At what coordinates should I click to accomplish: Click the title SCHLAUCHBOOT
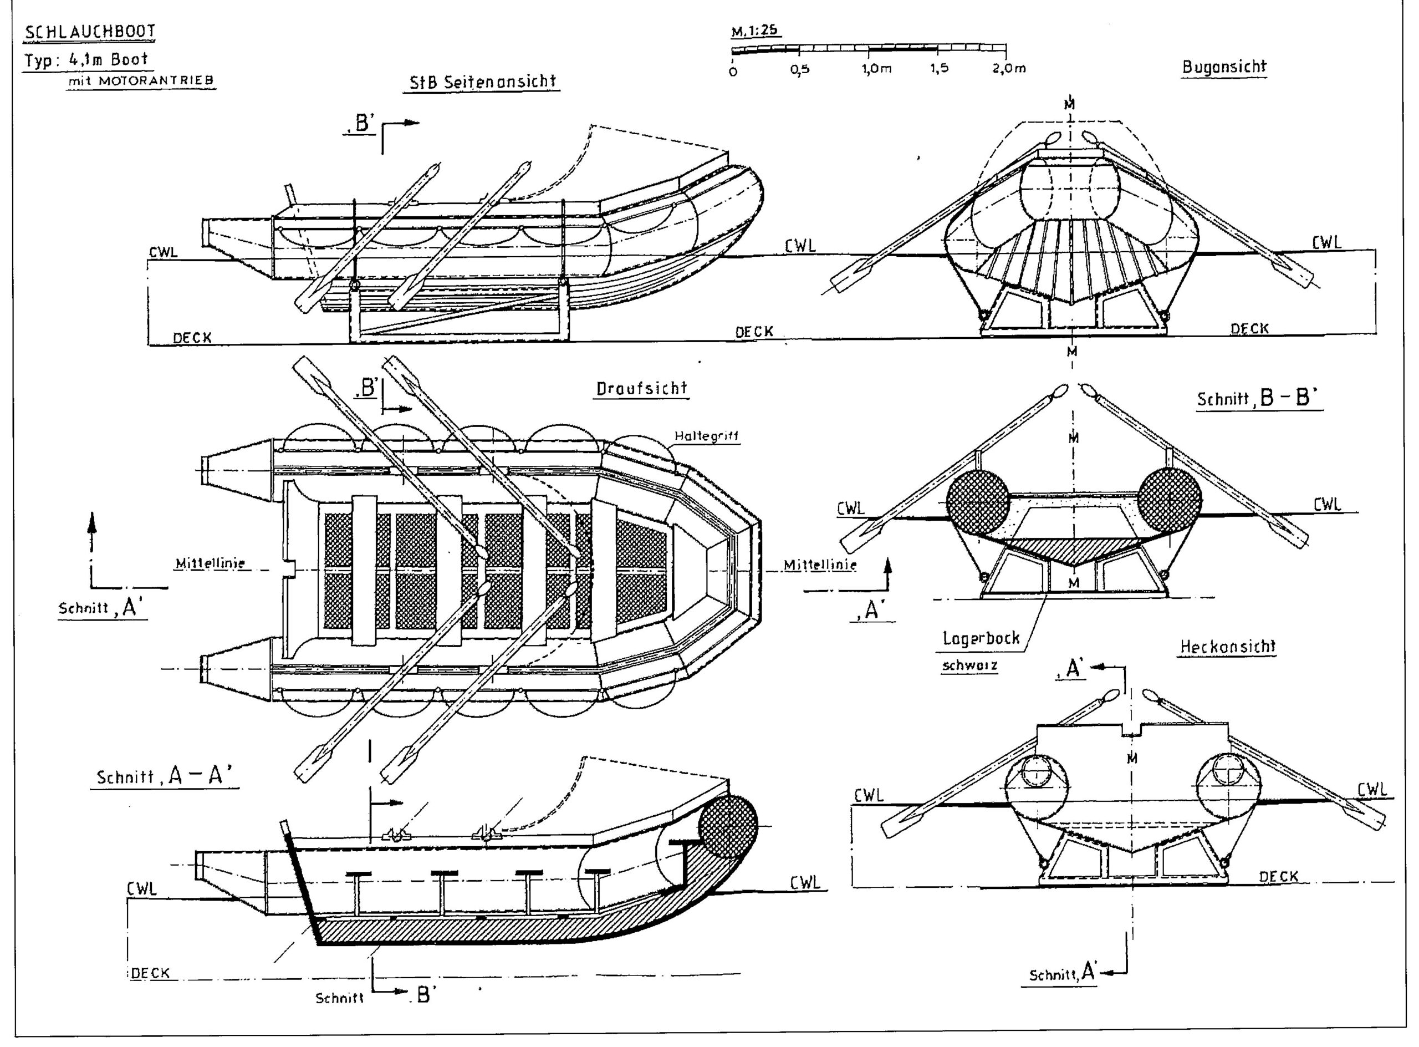pos(89,32)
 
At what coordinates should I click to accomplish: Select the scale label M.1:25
pos(756,31)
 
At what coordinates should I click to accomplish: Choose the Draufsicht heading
pos(642,389)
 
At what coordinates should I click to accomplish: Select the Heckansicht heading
pos(1227,647)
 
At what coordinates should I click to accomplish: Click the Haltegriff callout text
pos(706,436)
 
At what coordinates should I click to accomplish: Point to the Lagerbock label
pos(981,638)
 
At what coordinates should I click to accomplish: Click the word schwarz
pos(969,665)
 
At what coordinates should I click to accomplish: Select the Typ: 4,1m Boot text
pos(87,60)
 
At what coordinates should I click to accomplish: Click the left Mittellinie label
pos(210,563)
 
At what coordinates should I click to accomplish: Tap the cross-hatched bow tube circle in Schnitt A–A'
pos(728,826)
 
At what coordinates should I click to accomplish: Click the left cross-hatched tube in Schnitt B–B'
pos(977,501)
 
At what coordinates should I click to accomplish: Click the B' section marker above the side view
pos(363,124)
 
